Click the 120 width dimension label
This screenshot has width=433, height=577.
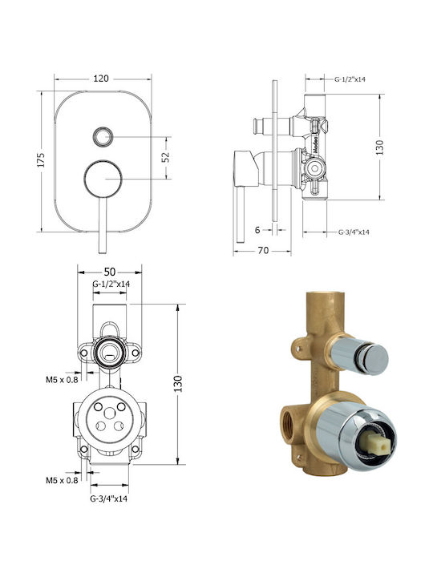101,79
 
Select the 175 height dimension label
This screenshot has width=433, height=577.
41,160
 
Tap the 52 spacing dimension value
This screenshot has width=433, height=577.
166,157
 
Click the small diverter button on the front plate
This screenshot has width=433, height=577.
103,136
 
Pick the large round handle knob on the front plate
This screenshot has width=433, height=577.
103,180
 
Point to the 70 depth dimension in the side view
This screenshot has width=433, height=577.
263,250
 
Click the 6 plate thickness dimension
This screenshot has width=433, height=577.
257,230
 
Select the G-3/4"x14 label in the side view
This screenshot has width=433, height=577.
354,232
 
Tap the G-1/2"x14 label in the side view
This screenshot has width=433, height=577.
350,79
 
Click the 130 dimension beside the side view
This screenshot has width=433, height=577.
380,147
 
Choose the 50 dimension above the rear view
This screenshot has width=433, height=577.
110,272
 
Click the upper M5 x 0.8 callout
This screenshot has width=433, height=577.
62,379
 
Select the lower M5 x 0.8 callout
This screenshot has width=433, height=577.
62,480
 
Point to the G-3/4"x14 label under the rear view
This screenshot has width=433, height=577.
109,498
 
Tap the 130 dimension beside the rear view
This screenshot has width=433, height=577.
178,384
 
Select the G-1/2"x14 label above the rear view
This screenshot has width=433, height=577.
111,284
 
